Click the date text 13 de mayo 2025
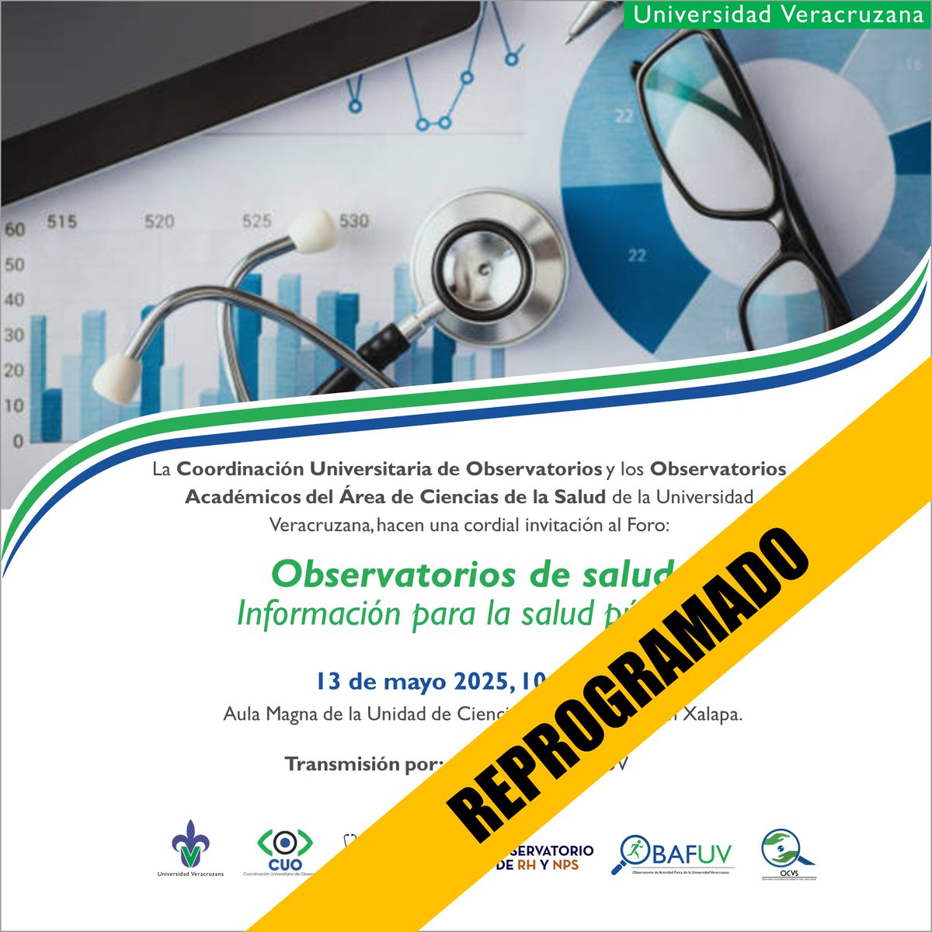click(x=412, y=682)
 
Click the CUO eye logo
click(x=286, y=847)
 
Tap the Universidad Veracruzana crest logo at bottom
click(x=190, y=844)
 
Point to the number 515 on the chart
click(x=61, y=222)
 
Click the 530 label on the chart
click(x=353, y=221)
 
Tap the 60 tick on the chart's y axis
click(x=15, y=230)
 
